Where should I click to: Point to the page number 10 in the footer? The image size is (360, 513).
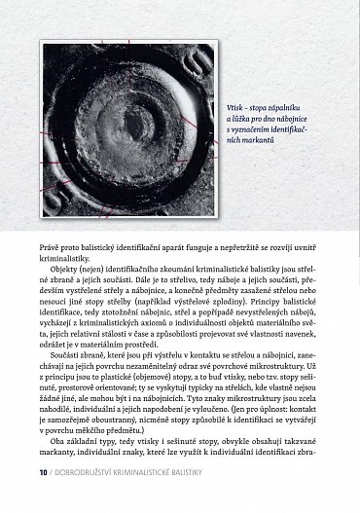(x=44, y=499)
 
